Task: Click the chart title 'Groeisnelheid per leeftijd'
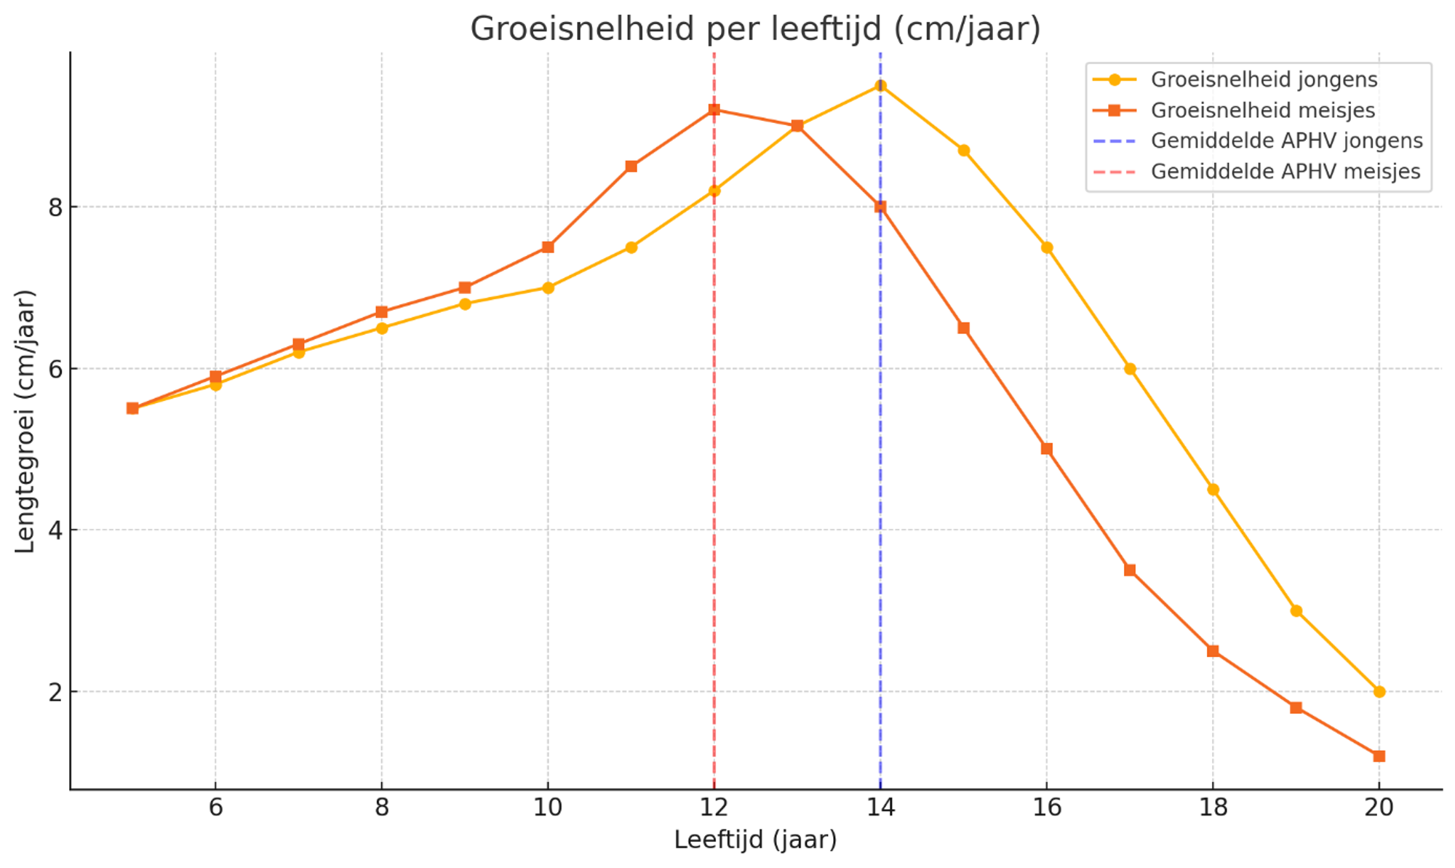pyautogui.click(x=755, y=29)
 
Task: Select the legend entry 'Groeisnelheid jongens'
pyautogui.click(x=1264, y=79)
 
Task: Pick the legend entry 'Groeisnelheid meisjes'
pyautogui.click(x=1262, y=111)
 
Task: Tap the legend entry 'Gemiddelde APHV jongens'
pyautogui.click(x=1286, y=140)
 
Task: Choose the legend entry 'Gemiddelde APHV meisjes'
pyautogui.click(x=1285, y=172)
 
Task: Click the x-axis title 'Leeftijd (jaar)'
pyautogui.click(x=755, y=840)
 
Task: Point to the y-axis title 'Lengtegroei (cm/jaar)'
pyautogui.click(x=25, y=421)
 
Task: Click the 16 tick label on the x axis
pyautogui.click(x=1046, y=808)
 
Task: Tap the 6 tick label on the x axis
pyautogui.click(x=215, y=808)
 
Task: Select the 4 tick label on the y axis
pyautogui.click(x=55, y=530)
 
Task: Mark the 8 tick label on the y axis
pyautogui.click(x=55, y=207)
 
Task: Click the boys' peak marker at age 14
pyautogui.click(x=880, y=86)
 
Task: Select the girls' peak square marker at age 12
pyautogui.click(x=714, y=110)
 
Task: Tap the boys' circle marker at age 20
pyautogui.click(x=1379, y=692)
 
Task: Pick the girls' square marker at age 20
pyautogui.click(x=1379, y=757)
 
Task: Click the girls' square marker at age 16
pyautogui.click(x=1046, y=449)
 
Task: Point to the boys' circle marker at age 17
pyautogui.click(x=1130, y=369)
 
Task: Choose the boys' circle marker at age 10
pyautogui.click(x=548, y=288)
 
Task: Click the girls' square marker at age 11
pyautogui.click(x=631, y=167)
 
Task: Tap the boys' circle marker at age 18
pyautogui.click(x=1213, y=490)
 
